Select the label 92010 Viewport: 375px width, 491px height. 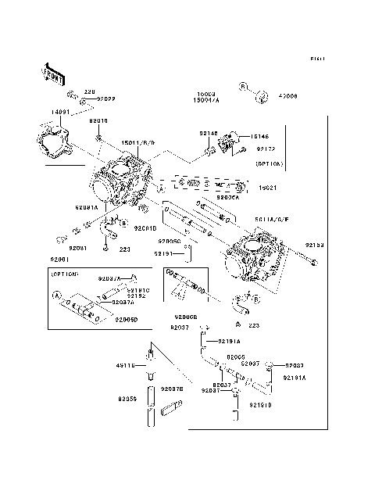98,121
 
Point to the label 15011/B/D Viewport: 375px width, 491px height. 138,143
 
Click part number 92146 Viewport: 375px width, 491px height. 208,133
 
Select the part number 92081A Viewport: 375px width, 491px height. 87,206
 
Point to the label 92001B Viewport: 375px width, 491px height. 145,228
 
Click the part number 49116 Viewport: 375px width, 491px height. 127,365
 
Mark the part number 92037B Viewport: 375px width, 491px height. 172,388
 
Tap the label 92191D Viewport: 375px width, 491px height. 261,404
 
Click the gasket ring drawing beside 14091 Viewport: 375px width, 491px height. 52,142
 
